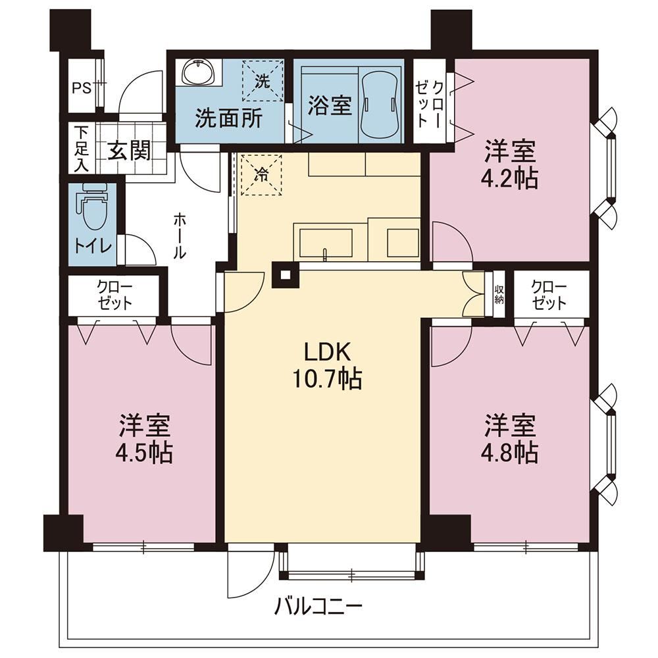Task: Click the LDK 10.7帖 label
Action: [328, 366]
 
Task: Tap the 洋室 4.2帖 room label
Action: [511, 165]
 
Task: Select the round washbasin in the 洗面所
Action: [198, 72]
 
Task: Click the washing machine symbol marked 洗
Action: [263, 81]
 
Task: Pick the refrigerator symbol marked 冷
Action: [261, 174]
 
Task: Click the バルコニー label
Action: [318, 606]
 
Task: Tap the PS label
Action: [82, 89]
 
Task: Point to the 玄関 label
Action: [129, 150]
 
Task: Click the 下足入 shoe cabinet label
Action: [82, 149]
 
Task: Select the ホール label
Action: [180, 236]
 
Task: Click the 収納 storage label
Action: [499, 295]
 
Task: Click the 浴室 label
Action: [330, 106]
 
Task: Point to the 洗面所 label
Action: [229, 118]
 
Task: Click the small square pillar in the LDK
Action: [286, 275]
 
